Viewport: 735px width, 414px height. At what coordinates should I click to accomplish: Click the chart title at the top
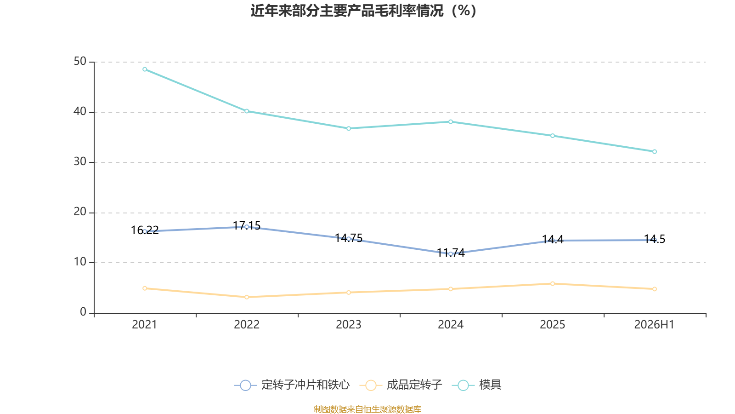click(x=363, y=11)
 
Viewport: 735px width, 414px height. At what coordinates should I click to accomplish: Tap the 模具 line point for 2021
click(x=145, y=69)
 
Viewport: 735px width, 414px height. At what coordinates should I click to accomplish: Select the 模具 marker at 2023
click(x=349, y=128)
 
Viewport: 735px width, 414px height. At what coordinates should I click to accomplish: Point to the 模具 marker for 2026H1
click(x=654, y=151)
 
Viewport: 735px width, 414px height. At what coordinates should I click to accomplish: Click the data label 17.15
click(x=246, y=225)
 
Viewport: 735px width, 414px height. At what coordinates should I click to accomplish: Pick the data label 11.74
click(x=451, y=253)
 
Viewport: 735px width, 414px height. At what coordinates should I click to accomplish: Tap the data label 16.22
click(x=145, y=230)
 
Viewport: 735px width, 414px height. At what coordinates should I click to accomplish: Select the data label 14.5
click(x=654, y=239)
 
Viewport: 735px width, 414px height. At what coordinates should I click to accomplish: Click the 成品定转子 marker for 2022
click(x=246, y=297)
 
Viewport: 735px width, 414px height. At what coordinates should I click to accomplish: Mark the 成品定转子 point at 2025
click(x=553, y=283)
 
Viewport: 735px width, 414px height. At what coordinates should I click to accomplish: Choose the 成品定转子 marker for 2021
click(x=145, y=288)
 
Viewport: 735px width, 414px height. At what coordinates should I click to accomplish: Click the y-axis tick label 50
click(x=80, y=62)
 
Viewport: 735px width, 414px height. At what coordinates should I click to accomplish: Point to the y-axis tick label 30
click(x=80, y=161)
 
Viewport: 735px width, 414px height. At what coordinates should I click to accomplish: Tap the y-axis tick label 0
click(x=83, y=312)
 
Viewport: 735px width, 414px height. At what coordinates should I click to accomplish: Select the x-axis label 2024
click(x=451, y=325)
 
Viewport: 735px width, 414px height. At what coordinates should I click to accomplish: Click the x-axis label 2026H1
click(x=654, y=325)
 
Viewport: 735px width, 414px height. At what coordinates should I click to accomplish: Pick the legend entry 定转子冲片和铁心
click(x=292, y=385)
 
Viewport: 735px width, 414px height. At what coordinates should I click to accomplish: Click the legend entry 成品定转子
click(x=401, y=385)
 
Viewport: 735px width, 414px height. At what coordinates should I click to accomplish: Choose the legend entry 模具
click(x=477, y=385)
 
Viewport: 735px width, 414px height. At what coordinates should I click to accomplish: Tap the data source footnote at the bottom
click(x=367, y=409)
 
